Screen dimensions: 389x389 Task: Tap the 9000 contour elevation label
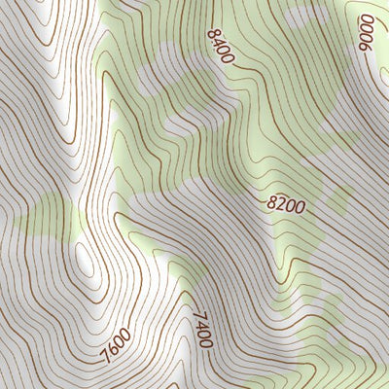click(372, 35)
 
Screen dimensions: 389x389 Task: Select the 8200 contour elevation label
click(286, 205)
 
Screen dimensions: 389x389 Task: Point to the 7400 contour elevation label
click(202, 328)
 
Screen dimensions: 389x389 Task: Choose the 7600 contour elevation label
click(115, 343)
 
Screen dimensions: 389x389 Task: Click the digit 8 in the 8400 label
click(212, 33)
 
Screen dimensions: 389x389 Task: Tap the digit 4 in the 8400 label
click(218, 42)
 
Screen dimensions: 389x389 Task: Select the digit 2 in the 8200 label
click(281, 205)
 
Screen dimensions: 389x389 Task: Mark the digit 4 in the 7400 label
click(201, 323)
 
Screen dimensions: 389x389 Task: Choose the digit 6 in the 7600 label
click(111, 347)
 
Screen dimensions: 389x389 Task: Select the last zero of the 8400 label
click(230, 58)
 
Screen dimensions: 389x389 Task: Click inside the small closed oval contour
click(86, 261)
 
